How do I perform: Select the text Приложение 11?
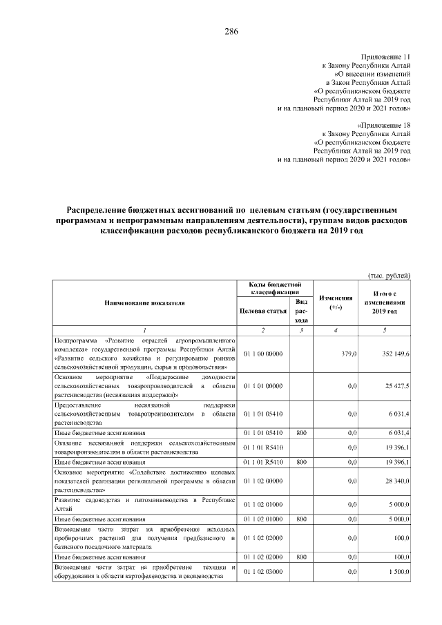(x=386, y=55)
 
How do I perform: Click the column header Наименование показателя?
(x=144, y=302)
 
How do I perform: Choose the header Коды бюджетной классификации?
(x=275, y=289)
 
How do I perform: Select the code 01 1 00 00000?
(x=263, y=354)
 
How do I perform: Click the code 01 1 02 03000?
(x=263, y=572)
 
